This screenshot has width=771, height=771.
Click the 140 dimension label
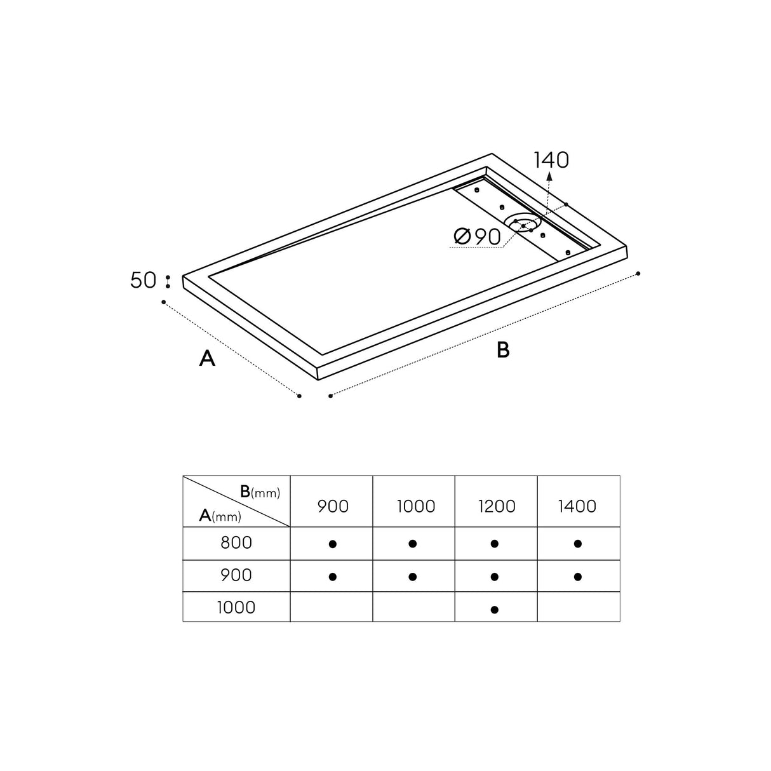[x=551, y=160]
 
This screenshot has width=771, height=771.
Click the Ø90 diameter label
[x=478, y=237]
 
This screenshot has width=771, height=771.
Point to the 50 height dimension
[x=143, y=280]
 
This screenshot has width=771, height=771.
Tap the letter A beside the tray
[x=207, y=359]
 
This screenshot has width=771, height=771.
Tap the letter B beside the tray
[x=503, y=350]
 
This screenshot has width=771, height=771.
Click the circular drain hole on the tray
[x=523, y=223]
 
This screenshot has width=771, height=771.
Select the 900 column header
[x=333, y=506]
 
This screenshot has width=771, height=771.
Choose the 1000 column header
[x=416, y=506]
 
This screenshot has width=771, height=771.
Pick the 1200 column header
[x=497, y=506]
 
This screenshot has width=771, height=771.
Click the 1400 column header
[x=578, y=506]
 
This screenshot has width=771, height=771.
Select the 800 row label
[x=236, y=543]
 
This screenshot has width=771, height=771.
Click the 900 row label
[x=236, y=575]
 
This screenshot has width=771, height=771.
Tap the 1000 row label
[x=236, y=608]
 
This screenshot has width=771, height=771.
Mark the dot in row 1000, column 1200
[x=495, y=610]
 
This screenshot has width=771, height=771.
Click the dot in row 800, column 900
[x=332, y=544]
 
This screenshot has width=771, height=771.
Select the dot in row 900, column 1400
[x=577, y=577]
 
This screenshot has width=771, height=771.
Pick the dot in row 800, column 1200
[x=495, y=544]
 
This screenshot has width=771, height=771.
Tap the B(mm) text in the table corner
[x=260, y=492]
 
